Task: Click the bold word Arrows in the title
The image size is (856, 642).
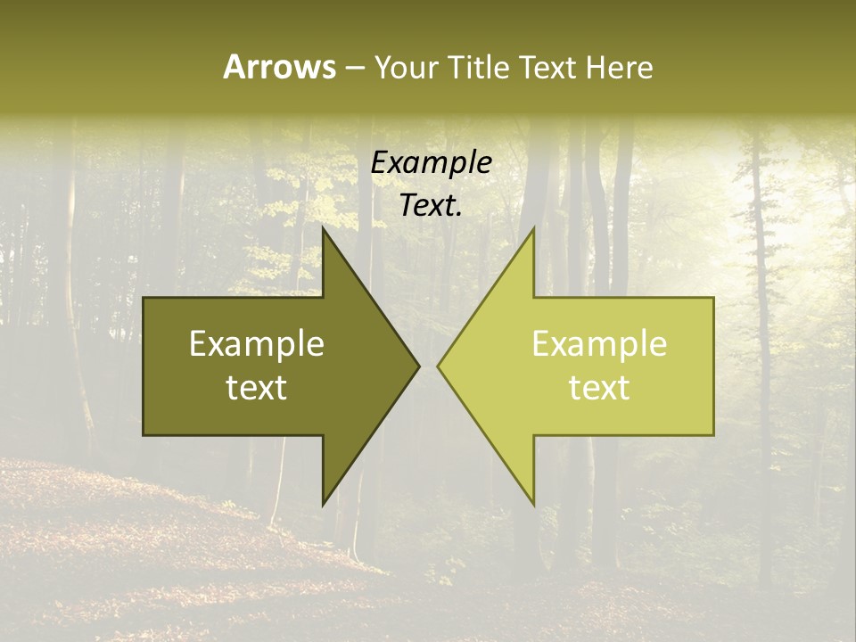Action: click(x=279, y=67)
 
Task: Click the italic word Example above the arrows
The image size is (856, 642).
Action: click(x=432, y=163)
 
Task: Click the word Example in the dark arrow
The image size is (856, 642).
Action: click(x=257, y=344)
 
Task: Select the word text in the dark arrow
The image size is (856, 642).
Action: click(x=257, y=388)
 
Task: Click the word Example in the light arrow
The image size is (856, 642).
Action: click(x=599, y=344)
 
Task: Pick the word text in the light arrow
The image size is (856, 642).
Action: click(x=599, y=388)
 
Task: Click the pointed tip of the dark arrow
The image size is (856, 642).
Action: click(x=419, y=366)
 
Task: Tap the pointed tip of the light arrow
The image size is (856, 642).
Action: click(x=438, y=366)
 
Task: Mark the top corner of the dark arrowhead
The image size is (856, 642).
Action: click(x=323, y=227)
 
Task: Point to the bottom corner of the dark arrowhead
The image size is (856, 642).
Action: click(x=323, y=505)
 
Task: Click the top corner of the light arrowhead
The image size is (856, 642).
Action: click(x=533, y=227)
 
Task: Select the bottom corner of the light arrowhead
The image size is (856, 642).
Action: click(x=533, y=505)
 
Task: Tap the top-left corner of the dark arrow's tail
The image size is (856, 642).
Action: click(x=144, y=298)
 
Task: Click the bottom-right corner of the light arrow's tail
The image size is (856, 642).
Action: click(x=713, y=435)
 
